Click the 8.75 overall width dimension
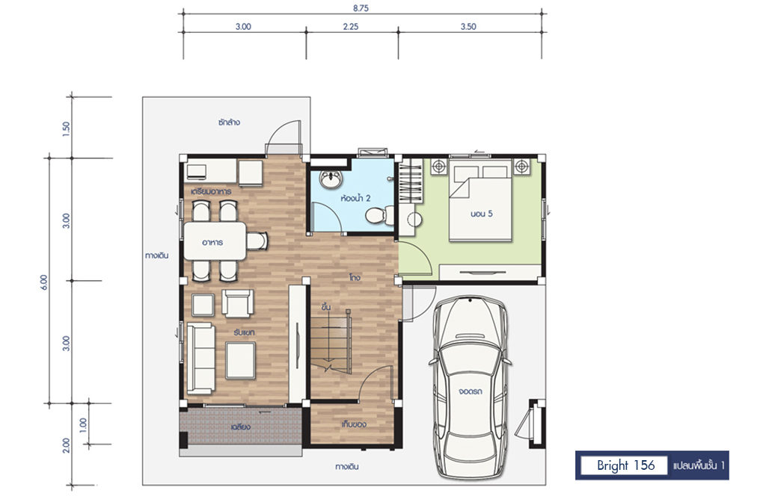[x=361, y=7]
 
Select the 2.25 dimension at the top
[x=351, y=26]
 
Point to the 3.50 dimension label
[x=468, y=26]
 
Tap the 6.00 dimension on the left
[x=44, y=282]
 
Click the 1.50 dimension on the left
[x=67, y=128]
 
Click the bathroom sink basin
[x=331, y=179]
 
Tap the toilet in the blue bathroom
[x=380, y=215]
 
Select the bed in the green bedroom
[x=480, y=202]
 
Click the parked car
[x=470, y=387]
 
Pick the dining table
[x=215, y=241]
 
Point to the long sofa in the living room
[x=200, y=358]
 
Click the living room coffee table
[x=240, y=360]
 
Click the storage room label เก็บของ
[x=354, y=424]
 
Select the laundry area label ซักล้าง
[x=229, y=122]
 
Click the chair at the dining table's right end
[x=257, y=241]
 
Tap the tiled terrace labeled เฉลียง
[x=241, y=427]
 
